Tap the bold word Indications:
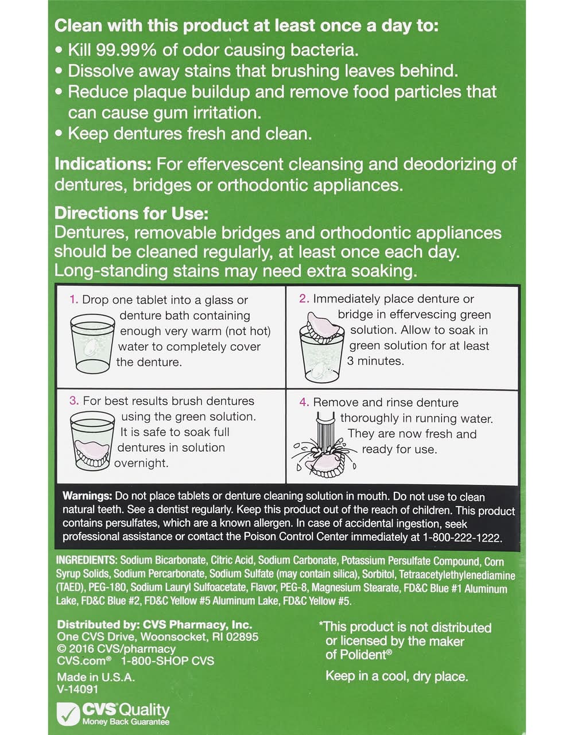103,164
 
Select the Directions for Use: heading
131,213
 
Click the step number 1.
73,300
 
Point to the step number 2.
304,299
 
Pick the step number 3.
74,400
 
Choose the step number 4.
304,402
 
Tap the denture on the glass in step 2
324,325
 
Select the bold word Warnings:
87,496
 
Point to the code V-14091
77,689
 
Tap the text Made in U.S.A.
96,677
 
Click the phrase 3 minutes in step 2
375,361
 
